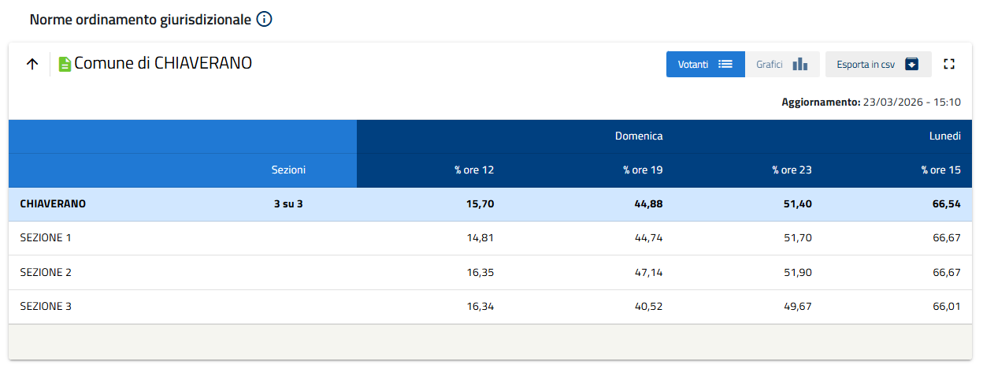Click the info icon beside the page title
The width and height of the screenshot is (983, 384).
click(265, 20)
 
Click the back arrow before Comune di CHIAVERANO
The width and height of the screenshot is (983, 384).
click(32, 65)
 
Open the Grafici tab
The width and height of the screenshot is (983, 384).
click(781, 65)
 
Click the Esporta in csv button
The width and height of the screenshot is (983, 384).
click(877, 65)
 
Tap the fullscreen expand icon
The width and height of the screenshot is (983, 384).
click(949, 65)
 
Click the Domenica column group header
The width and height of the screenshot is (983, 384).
click(638, 136)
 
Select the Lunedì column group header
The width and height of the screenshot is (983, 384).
click(944, 136)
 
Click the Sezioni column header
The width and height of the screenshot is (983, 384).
click(288, 170)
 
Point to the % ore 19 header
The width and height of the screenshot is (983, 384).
click(643, 170)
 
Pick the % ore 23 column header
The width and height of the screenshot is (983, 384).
click(792, 170)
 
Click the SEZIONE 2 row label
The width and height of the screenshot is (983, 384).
click(46, 272)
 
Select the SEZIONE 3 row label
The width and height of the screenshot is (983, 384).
click(46, 306)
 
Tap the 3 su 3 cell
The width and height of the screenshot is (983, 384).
click(288, 204)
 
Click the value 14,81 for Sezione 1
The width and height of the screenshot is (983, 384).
click(480, 237)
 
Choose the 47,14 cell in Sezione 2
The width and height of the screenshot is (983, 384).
click(649, 272)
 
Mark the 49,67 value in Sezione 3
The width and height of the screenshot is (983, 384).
click(798, 306)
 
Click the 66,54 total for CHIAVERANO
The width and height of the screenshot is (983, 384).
click(946, 204)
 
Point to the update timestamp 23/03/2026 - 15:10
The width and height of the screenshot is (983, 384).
click(911, 103)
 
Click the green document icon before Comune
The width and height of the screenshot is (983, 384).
click(65, 65)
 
